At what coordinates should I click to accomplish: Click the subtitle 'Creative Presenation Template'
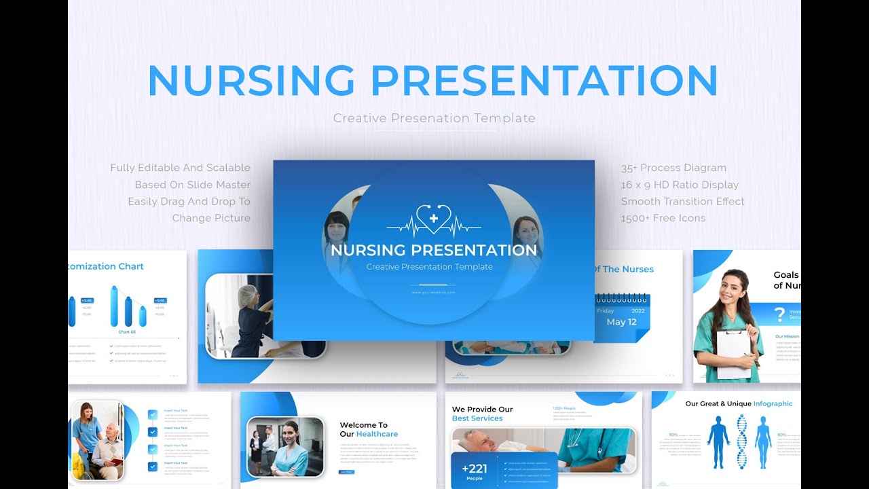click(434, 118)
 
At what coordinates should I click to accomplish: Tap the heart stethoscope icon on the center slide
click(434, 219)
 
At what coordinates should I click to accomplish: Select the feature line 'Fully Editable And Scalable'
click(181, 168)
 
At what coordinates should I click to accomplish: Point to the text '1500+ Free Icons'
click(663, 218)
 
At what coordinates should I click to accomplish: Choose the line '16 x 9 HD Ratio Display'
click(680, 185)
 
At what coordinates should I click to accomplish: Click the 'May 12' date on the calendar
click(621, 322)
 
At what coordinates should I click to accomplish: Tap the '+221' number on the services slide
click(475, 469)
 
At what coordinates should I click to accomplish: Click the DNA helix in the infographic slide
click(741, 441)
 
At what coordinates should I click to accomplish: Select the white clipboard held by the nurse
click(733, 353)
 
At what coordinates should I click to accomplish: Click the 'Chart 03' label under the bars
click(127, 332)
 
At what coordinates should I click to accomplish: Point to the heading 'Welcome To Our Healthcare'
click(369, 429)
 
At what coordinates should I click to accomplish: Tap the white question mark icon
click(779, 314)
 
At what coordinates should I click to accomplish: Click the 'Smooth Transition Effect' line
click(682, 202)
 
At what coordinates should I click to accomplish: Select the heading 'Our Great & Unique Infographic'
click(739, 403)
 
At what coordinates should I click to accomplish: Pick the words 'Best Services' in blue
click(477, 418)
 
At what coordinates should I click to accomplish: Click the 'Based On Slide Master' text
click(192, 185)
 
